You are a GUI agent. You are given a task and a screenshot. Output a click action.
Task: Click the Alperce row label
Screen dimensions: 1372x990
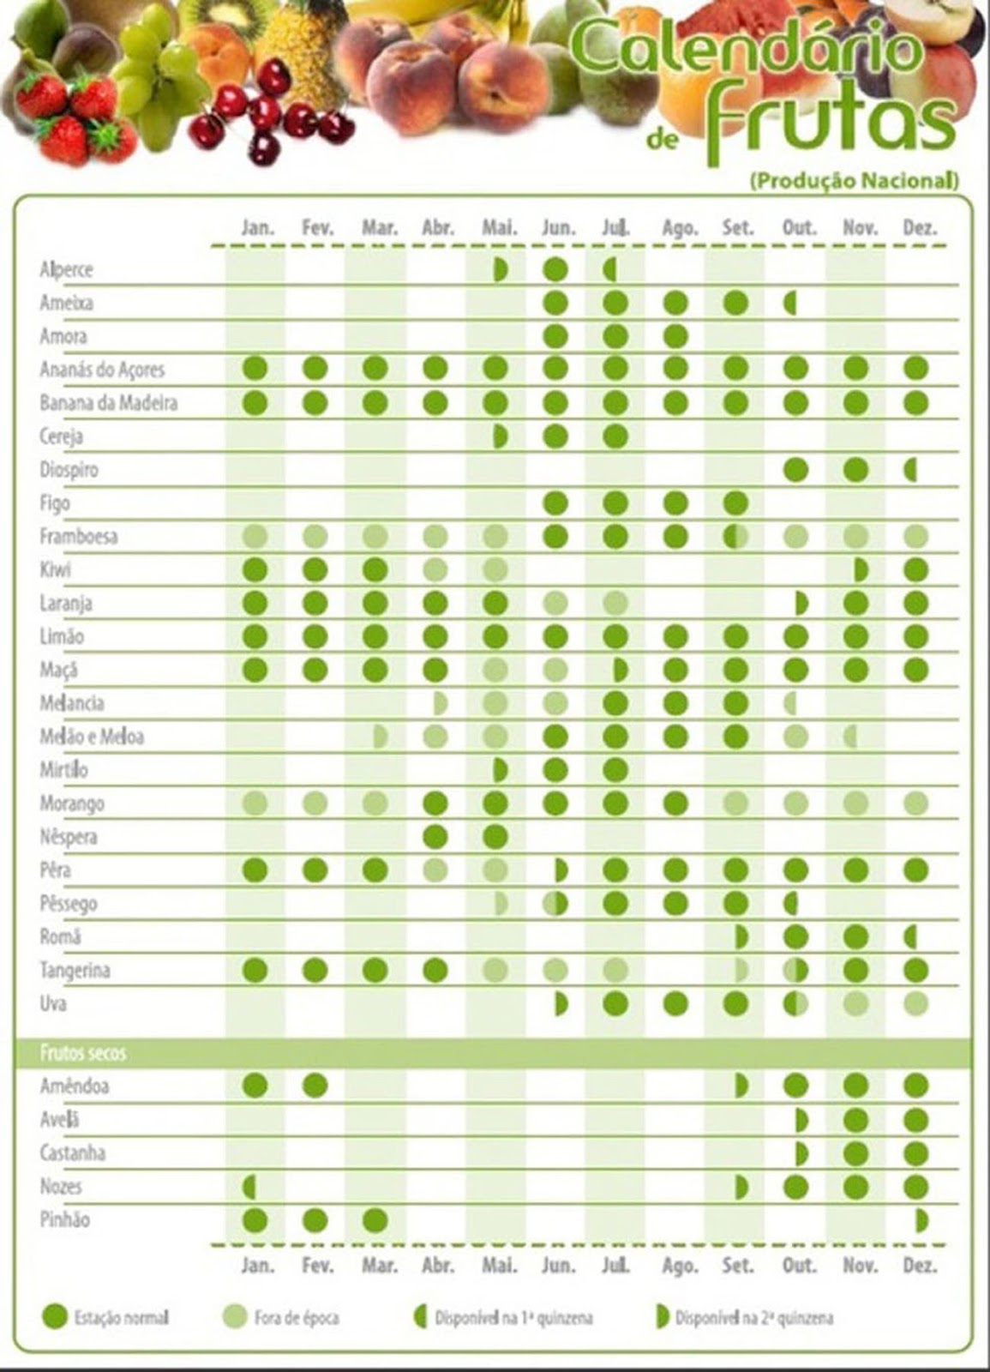click(66, 270)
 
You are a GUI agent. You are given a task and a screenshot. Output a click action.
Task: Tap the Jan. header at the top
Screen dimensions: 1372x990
click(257, 228)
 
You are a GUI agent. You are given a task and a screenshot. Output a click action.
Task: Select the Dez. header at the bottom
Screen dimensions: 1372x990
click(919, 1265)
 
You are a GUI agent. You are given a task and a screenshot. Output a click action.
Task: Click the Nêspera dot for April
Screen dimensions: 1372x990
click(435, 836)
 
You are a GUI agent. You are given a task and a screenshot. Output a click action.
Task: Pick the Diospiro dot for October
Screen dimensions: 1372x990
click(796, 469)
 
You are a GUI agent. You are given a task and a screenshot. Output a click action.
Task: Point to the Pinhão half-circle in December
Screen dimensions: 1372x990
click(921, 1219)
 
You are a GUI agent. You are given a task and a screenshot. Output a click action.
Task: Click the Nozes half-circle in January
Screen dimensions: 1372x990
click(249, 1187)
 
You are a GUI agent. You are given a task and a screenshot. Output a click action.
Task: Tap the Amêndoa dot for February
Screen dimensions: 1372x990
click(315, 1086)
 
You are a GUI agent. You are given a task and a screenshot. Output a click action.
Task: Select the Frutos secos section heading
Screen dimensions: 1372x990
click(83, 1053)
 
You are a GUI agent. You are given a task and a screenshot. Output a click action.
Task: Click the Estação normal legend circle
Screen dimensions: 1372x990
click(55, 1316)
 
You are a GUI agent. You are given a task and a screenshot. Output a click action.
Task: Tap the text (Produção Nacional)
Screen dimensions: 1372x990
click(853, 181)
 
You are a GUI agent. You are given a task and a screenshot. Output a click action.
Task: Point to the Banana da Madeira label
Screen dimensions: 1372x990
click(108, 403)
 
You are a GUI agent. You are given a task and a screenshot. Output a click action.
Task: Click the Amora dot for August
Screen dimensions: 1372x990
click(675, 335)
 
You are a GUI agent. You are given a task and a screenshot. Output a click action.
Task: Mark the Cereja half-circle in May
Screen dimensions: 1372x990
click(501, 436)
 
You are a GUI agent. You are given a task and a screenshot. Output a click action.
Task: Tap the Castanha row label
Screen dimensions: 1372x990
click(73, 1152)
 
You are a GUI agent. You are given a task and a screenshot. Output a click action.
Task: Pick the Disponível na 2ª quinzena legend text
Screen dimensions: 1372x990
click(753, 1317)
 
